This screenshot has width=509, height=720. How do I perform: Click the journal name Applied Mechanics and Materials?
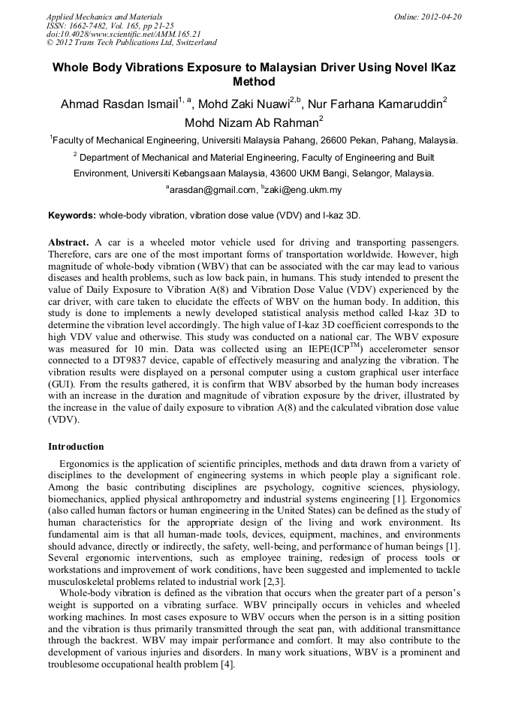pos(104,17)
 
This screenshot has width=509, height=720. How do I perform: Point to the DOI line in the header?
pos(123,34)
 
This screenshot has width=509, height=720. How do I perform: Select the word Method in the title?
pos(254,82)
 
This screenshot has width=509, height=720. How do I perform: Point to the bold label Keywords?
pos(72,215)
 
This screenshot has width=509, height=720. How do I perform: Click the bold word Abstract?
pos(68,243)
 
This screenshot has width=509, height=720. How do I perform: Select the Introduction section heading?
pos(77,447)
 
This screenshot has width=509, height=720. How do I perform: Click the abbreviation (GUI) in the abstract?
pos(64,384)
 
